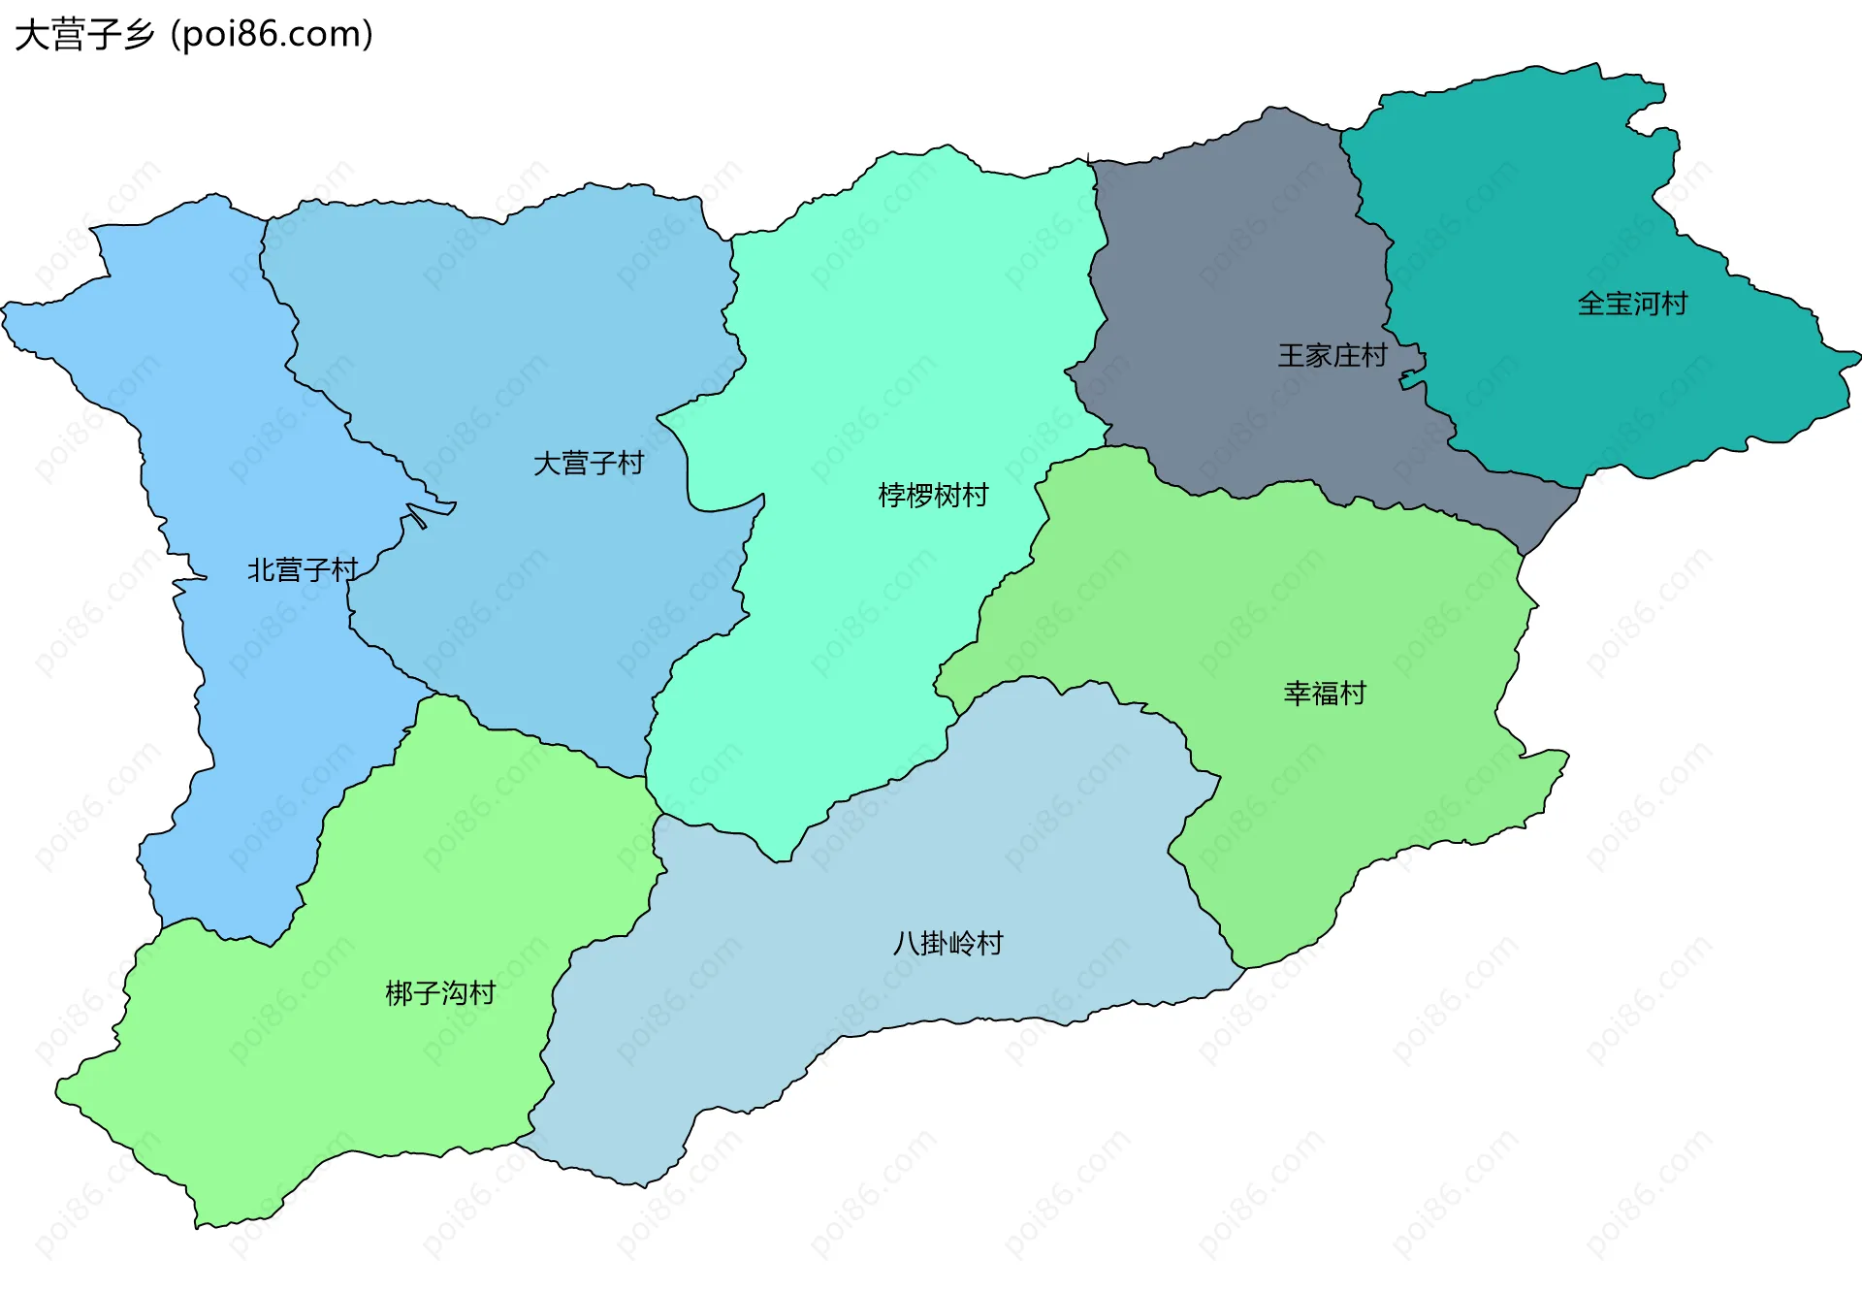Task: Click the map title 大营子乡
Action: [x=84, y=35]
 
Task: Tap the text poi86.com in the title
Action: [x=272, y=35]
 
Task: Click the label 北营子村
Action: [x=303, y=569]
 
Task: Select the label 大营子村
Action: [x=589, y=464]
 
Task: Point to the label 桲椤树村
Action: [x=933, y=496]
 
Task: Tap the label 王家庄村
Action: [x=1332, y=356]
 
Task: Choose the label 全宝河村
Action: [x=1632, y=305]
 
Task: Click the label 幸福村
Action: [x=1325, y=694]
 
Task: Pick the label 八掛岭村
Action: [x=947, y=944]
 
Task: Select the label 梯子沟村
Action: [x=440, y=993]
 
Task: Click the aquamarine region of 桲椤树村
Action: [x=873, y=339]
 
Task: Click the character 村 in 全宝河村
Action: [x=1674, y=305]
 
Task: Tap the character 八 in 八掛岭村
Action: [x=906, y=944]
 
